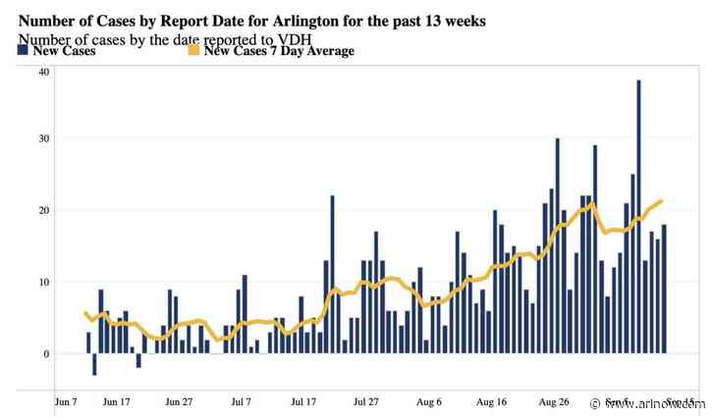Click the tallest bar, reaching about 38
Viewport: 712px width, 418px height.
tap(638, 216)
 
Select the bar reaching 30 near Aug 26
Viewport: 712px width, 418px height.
tap(557, 245)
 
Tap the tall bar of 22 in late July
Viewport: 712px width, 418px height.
tap(332, 275)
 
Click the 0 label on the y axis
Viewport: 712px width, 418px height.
tap(45, 353)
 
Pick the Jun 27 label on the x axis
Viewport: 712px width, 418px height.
tap(180, 401)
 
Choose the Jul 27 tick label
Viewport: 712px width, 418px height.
tap(366, 401)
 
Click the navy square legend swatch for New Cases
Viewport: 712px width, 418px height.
tap(23, 51)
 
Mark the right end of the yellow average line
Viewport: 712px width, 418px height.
tap(662, 201)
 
